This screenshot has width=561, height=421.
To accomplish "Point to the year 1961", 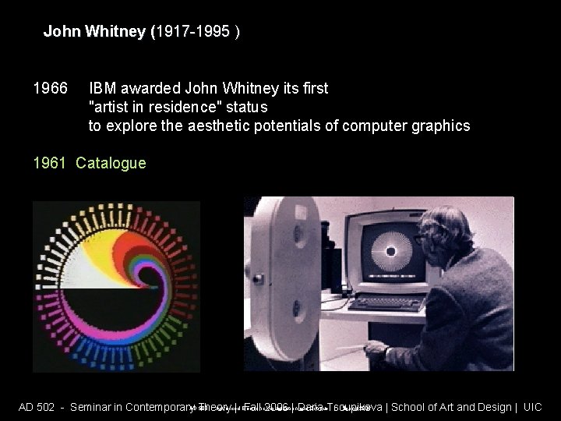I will coord(50,163).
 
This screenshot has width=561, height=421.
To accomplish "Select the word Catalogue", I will coord(111,163).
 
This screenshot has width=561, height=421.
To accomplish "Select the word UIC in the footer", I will coord(532,407).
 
